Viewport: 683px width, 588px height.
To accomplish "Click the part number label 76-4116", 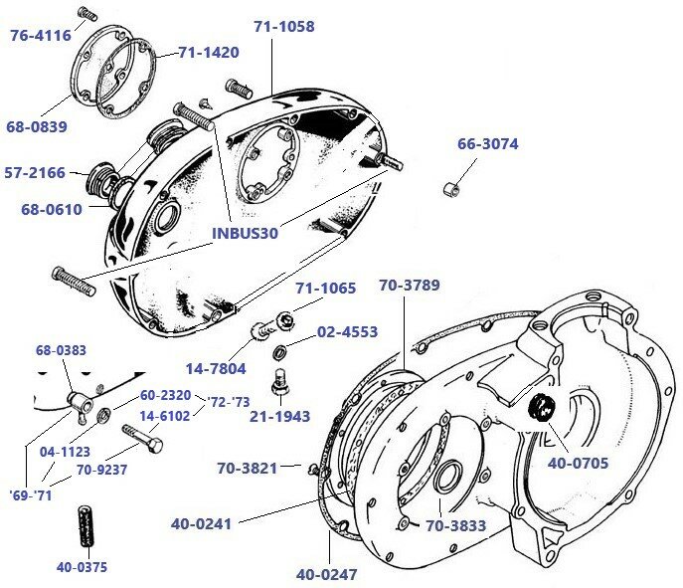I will point(40,36).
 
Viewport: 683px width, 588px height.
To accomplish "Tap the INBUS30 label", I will point(245,234).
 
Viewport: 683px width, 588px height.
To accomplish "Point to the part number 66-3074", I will point(487,144).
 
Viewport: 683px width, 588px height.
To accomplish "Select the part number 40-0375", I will point(83,567).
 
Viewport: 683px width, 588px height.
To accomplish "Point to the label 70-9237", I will point(101,470).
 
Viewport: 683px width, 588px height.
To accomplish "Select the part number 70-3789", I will point(409,286).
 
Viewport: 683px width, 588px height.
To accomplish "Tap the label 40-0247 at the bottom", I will point(326,574).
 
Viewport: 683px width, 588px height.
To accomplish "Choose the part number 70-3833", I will point(456,525).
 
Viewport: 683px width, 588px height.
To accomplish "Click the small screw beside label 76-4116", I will point(85,14).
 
